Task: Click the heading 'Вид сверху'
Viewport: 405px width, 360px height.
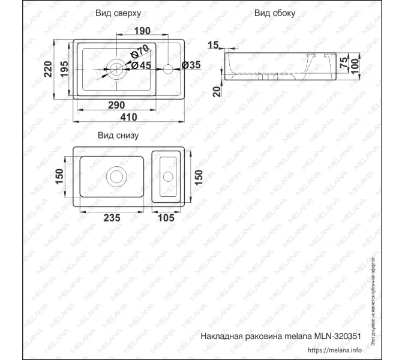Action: click(118, 13)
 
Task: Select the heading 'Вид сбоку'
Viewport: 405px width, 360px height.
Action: click(274, 13)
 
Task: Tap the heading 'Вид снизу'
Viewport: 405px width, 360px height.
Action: click(118, 136)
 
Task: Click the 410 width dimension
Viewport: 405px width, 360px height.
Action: click(128, 117)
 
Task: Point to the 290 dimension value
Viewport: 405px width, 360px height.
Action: click(116, 104)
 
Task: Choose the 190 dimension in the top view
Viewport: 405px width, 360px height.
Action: click(142, 31)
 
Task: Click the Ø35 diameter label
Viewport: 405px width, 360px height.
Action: click(191, 65)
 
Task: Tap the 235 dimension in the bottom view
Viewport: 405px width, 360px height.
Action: click(113, 218)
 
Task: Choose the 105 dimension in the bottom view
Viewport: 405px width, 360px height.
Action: click(165, 218)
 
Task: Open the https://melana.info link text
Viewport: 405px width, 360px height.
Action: click(335, 350)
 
